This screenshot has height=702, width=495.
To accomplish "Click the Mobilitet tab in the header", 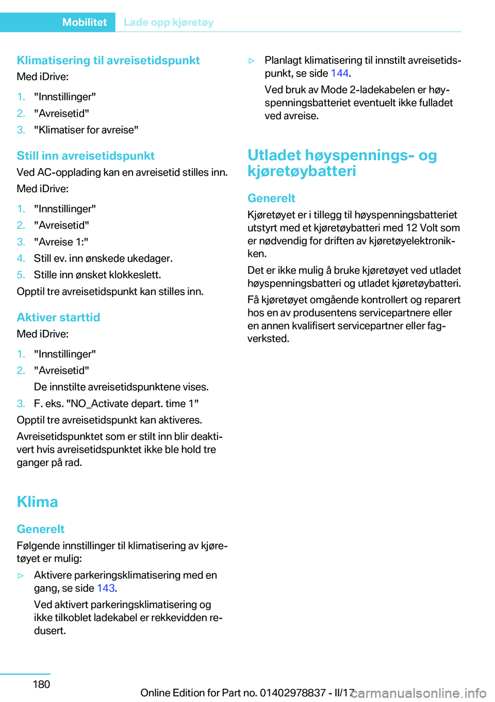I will click(85, 22).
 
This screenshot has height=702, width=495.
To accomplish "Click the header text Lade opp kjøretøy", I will click(169, 22).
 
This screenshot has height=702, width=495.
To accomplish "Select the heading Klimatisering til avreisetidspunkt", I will click(108, 60).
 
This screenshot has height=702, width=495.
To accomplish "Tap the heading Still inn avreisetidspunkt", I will click(86, 156).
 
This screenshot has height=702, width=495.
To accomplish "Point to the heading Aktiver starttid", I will click(58, 317).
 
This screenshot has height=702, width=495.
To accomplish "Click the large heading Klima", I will click(37, 502).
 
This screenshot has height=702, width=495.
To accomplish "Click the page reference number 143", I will click(106, 588).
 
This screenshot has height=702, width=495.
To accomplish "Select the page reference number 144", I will click(339, 73).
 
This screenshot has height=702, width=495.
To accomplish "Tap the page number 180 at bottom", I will click(41, 684).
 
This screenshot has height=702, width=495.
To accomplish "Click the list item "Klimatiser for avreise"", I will click(86, 130).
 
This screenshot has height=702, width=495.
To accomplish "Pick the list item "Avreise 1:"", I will click(61, 242).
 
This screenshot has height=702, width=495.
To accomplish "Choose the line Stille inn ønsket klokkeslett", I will click(97, 275).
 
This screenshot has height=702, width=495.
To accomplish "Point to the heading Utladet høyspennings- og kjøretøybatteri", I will click(342, 163).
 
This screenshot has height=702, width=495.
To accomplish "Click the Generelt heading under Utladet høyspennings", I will click(271, 198).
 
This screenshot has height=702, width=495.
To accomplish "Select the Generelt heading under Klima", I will click(41, 529).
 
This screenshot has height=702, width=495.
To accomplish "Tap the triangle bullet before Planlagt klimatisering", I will click(252, 61).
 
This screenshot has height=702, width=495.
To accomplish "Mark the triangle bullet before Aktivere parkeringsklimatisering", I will click(21, 576).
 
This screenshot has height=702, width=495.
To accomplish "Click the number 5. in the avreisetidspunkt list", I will click(21, 275).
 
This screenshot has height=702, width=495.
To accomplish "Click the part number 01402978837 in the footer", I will click(293, 693).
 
